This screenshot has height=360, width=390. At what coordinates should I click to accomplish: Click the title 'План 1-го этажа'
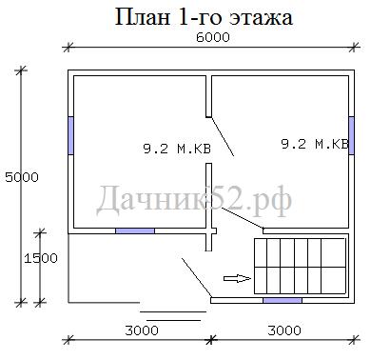tap(204, 17)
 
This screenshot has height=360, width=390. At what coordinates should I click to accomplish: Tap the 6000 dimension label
tap(213, 38)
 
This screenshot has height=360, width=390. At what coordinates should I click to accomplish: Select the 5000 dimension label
tap(22, 177)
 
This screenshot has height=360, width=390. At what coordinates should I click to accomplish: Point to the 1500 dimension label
tap(41, 258)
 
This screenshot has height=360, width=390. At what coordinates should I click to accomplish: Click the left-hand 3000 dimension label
tap(142, 330)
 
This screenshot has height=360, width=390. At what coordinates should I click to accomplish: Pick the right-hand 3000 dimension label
tap(284, 330)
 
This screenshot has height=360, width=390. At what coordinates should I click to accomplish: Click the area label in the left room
tap(177, 149)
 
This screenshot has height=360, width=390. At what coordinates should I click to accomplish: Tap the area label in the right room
tap(315, 144)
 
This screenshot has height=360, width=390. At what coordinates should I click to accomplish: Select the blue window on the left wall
tap(71, 135)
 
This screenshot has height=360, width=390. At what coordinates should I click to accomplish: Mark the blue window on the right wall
tap(351, 135)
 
